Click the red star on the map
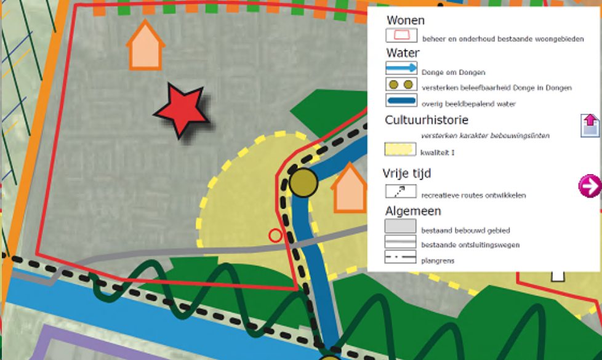point(180,111)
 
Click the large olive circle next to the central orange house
point(303,182)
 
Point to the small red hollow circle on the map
point(275,234)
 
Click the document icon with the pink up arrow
point(590,124)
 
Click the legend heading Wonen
point(405,20)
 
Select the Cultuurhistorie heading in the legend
point(427,120)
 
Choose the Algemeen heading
point(413,211)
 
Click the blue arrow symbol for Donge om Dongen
point(401,68)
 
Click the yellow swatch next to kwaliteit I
point(401,150)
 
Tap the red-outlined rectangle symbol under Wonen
point(401,36)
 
